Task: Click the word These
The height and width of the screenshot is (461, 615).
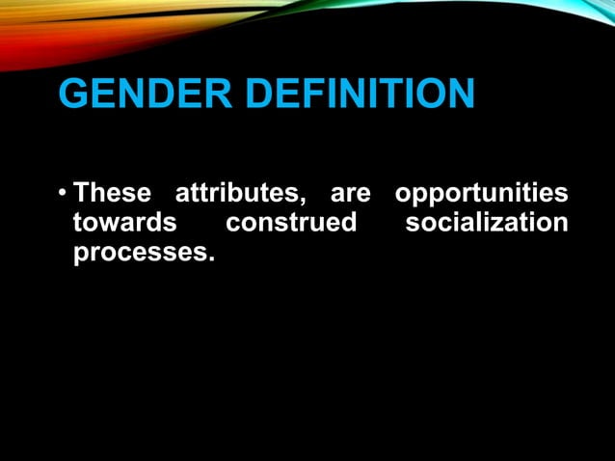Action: pyautogui.click(x=113, y=193)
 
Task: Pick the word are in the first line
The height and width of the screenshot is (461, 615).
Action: pyautogui.click(x=350, y=194)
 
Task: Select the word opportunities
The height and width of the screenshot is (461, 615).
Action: pyautogui.click(x=481, y=194)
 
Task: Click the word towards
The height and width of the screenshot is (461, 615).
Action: pyautogui.click(x=124, y=224)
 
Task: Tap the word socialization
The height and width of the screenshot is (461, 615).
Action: pyautogui.click(x=487, y=224)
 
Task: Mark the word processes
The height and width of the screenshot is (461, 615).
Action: pyautogui.click(x=140, y=256)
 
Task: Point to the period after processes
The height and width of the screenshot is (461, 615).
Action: pyautogui.click(x=208, y=261)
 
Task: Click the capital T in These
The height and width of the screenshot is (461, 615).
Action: pyautogui.click(x=82, y=193)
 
